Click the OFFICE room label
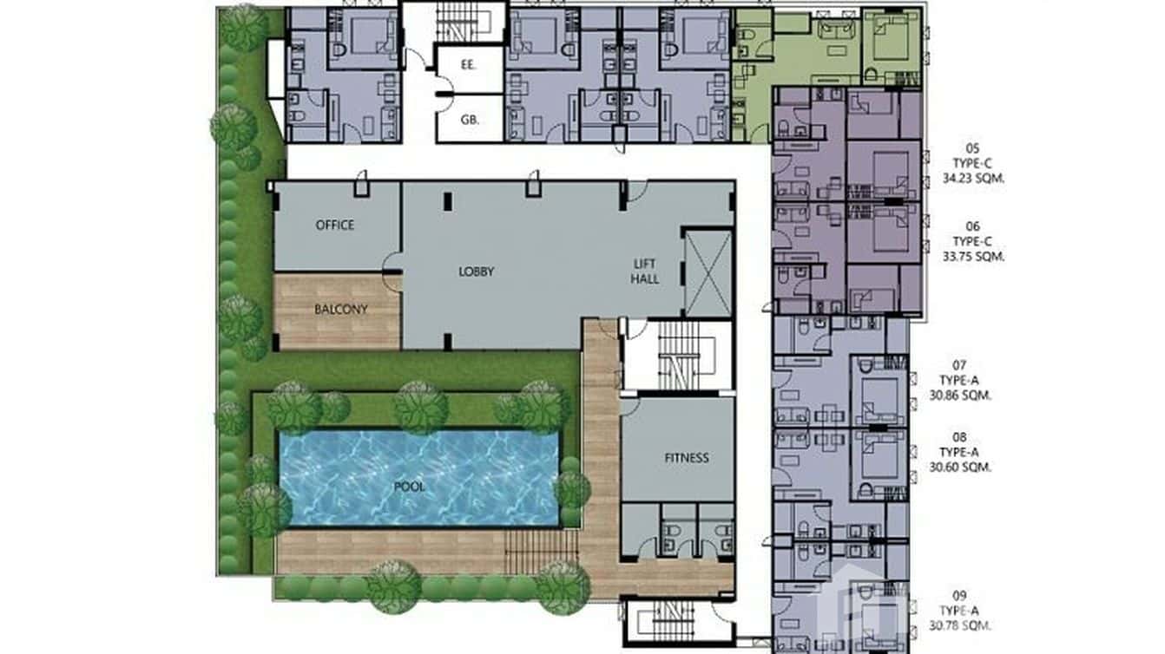(335, 226)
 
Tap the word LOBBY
(477, 271)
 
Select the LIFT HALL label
(646, 271)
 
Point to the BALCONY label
(341, 309)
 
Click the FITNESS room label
(687, 458)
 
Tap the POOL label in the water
(410, 487)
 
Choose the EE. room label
(469, 64)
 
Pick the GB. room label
(470, 121)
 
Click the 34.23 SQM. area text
(973, 180)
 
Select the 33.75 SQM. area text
(973, 257)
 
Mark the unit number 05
(972, 147)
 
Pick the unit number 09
(959, 595)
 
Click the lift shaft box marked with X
(708, 272)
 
